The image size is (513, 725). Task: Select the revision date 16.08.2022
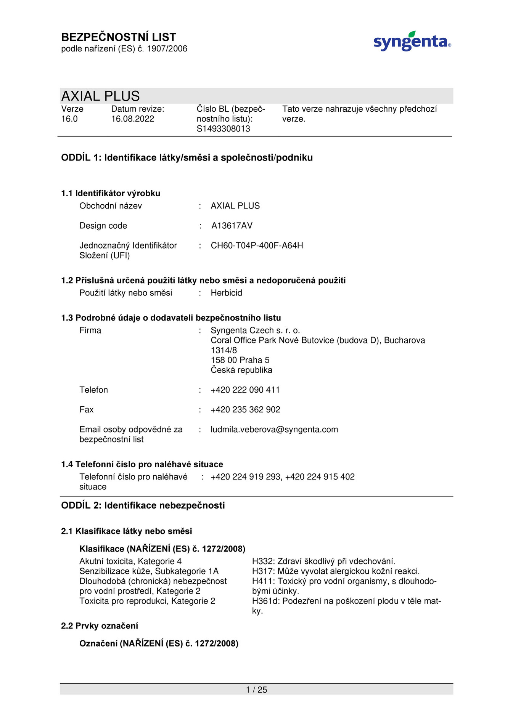(x=133, y=119)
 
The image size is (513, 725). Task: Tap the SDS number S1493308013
(x=223, y=129)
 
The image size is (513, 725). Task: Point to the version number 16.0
(x=69, y=119)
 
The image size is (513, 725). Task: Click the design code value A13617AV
(x=232, y=226)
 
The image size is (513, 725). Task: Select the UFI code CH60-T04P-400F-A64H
(x=257, y=245)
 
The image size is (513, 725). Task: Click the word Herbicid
(x=226, y=293)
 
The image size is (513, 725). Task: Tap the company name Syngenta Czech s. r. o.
(x=255, y=330)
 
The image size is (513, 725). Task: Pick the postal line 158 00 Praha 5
(x=240, y=360)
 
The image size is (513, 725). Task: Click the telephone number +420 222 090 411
(x=245, y=390)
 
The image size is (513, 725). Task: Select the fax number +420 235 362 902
(x=245, y=410)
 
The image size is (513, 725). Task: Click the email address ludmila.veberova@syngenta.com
(x=274, y=430)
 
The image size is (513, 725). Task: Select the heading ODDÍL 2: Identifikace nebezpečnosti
(x=143, y=505)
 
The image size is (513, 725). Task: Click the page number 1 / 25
(x=256, y=690)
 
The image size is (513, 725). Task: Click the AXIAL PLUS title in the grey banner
(x=101, y=96)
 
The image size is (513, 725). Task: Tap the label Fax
(x=87, y=410)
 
